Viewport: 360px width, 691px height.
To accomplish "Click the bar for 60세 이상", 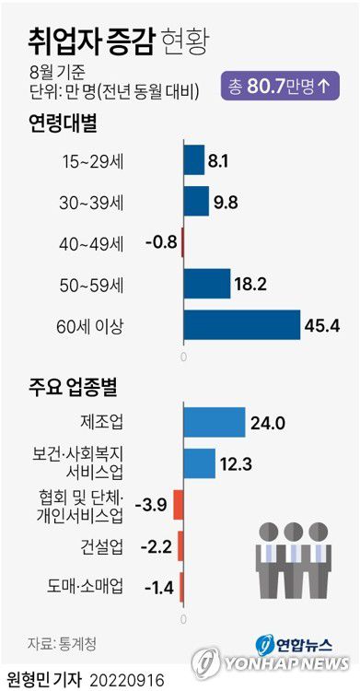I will (242, 324).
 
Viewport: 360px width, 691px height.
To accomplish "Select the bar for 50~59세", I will (207, 283).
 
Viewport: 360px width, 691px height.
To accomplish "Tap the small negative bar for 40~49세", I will (182, 242).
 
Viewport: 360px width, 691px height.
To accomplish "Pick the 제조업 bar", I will (215, 421).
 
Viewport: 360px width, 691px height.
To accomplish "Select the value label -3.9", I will (150, 504).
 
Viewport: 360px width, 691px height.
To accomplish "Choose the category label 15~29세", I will (122, 161).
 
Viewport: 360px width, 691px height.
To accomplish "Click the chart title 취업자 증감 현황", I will (117, 40).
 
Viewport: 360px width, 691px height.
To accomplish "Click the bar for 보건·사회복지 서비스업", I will (199, 463).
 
